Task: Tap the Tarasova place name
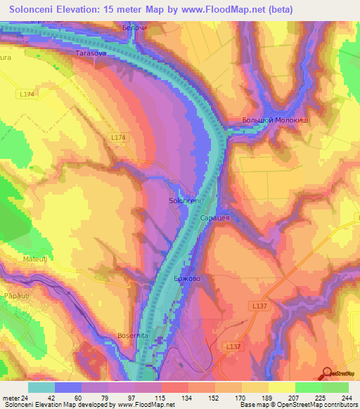click(91, 53)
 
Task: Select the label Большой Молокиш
click(275, 121)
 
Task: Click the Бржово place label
click(187, 279)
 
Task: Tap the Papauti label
click(15, 296)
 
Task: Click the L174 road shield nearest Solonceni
click(117, 138)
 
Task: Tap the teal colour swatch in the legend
click(41, 387)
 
